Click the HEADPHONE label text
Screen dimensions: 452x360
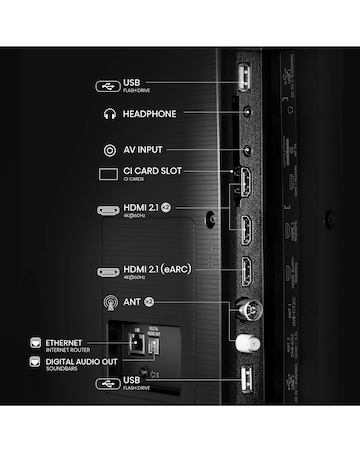point(149,114)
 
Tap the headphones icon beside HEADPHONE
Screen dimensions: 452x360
point(109,114)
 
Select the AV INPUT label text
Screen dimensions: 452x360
point(147,150)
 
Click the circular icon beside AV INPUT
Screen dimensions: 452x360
point(109,150)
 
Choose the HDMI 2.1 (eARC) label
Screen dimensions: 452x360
point(158,269)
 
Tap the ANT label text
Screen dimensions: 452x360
point(134,300)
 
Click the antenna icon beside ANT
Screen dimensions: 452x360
point(109,301)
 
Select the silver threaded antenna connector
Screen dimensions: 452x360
point(243,308)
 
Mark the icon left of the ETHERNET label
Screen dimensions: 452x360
point(36,343)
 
